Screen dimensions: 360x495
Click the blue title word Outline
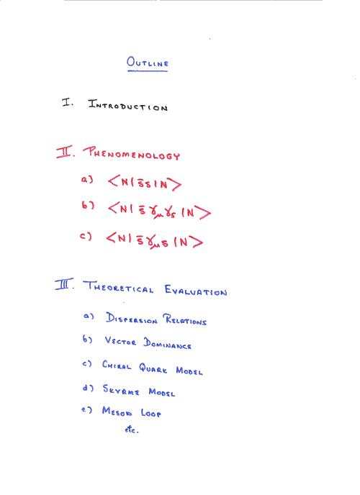pos(148,62)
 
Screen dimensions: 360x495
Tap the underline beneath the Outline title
pos(148,71)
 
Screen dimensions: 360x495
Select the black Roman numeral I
pos(67,102)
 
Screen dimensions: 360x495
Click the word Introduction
pos(128,105)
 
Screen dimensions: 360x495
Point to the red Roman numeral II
pos(66,152)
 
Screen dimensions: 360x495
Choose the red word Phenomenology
pos(132,153)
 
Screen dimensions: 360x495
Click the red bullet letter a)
pos(87,179)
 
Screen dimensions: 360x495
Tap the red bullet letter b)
pos(88,205)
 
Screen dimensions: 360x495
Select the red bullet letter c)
pos(86,236)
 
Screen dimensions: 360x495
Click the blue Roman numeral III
pos(64,284)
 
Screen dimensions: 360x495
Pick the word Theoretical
pos(118,286)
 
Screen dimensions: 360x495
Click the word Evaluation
pos(196,290)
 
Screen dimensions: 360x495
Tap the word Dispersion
pos(132,318)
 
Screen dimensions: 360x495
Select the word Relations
pos(185,319)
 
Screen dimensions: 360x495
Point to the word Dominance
pos(167,343)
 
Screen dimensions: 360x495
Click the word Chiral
pos(117,365)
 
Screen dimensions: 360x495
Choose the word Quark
pos(153,368)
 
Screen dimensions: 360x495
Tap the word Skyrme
pos(121,389)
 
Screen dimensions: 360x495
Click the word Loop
pos(151,412)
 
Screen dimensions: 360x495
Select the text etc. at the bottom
pos(132,430)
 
